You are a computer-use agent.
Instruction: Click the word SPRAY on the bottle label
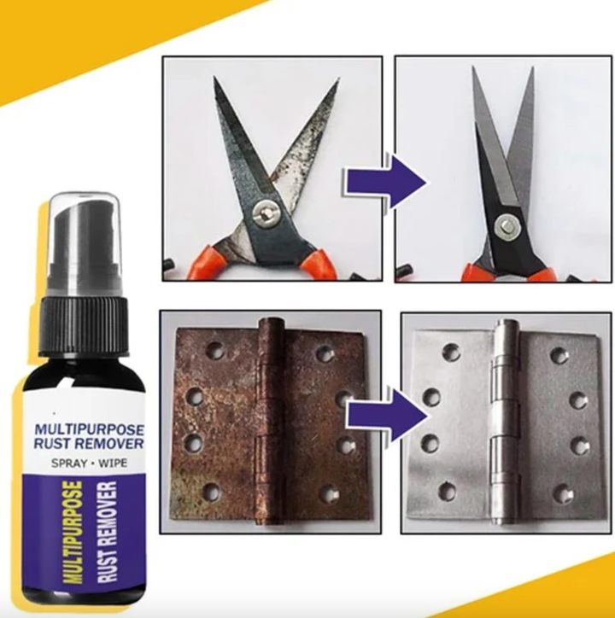pyautogui.click(x=68, y=463)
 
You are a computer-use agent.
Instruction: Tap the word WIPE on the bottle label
pyautogui.click(x=113, y=463)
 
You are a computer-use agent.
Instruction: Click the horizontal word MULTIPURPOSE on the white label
pyautogui.click(x=90, y=429)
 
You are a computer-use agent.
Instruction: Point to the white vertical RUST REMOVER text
pyautogui.click(x=108, y=532)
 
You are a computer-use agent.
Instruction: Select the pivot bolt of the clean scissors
pyautogui.click(x=507, y=226)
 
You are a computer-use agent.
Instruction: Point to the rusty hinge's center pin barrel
pyautogui.click(x=272, y=422)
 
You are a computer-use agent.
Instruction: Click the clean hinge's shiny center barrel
pyautogui.click(x=505, y=423)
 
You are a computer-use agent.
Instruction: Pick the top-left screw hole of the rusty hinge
pyautogui.click(x=214, y=351)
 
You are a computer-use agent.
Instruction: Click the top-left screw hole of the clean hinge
pyautogui.click(x=450, y=351)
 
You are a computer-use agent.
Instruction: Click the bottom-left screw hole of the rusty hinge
pyautogui.click(x=211, y=491)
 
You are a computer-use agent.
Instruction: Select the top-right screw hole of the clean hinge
pyautogui.click(x=559, y=355)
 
